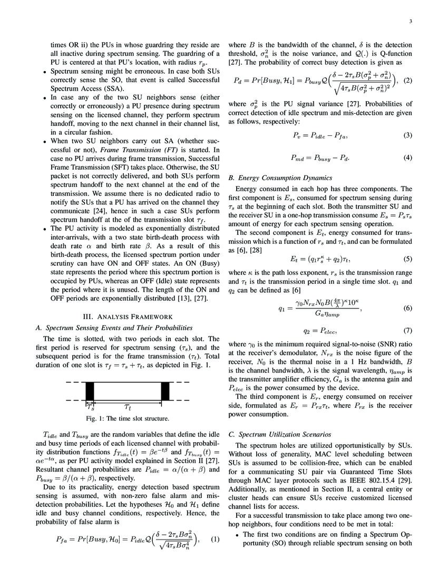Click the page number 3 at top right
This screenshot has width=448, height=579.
pos(410,22)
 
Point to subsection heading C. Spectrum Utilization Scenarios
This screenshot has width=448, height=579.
pos(284,434)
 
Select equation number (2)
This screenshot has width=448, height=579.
pos(406,82)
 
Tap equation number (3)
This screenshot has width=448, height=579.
pos(406,135)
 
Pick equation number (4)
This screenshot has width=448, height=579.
pos(406,157)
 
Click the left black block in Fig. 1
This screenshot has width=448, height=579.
pos(90,391)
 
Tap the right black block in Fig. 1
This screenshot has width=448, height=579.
pos(165,391)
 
